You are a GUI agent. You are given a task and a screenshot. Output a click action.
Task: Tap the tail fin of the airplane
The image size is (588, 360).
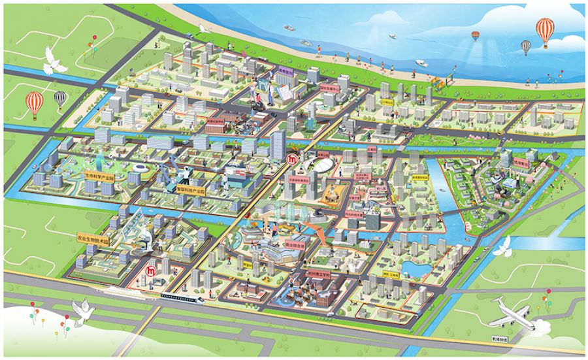pos(497,302)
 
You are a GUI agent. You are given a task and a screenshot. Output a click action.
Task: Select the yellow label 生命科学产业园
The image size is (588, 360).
pos(99,176)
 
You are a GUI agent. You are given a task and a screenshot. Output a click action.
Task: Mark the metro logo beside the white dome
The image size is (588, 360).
pos(295,159)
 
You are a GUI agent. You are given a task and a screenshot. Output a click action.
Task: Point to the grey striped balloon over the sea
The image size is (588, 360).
pos(525,46)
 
